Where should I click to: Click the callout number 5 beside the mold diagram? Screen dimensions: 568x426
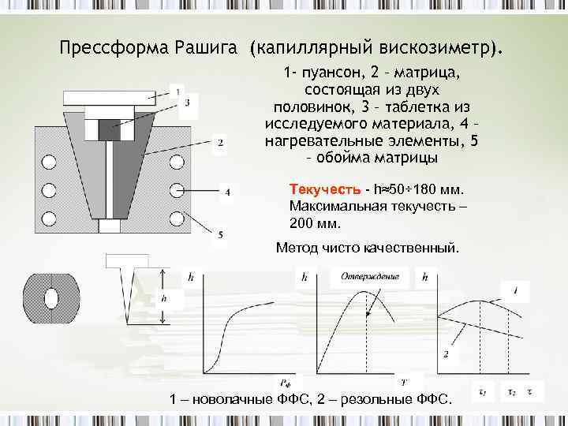point(220,235)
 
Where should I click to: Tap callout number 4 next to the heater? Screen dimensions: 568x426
point(227,192)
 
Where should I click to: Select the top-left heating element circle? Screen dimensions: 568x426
point(50,163)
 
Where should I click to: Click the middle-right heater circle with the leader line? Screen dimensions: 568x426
point(177,190)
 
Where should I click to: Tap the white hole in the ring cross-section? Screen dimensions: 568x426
point(52,298)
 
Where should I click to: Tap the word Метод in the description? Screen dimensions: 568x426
point(297,248)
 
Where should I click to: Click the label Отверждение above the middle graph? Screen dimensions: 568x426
point(370,276)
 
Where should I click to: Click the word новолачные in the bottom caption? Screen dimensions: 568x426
point(227,401)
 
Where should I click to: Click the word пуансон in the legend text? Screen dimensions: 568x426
point(331,73)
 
